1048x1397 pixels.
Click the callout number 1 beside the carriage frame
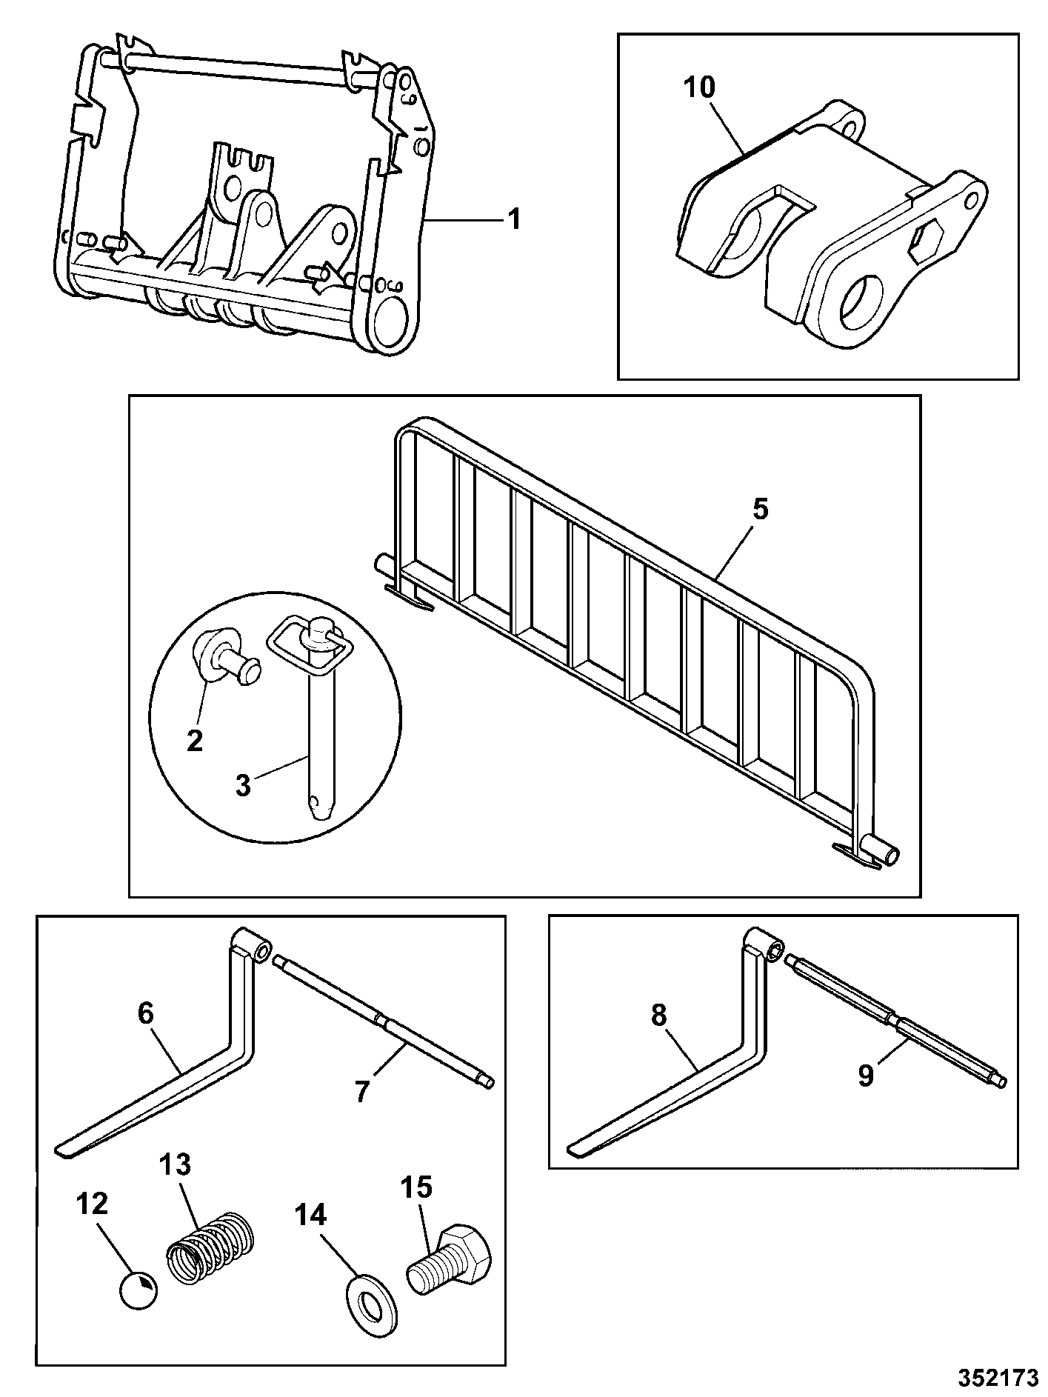point(512,219)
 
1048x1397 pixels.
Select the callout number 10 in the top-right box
point(699,88)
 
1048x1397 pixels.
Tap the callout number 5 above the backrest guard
point(761,510)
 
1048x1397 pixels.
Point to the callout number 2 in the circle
point(194,740)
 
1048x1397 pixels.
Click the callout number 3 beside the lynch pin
point(243,785)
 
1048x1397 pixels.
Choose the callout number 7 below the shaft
point(362,1092)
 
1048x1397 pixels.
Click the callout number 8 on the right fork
point(659,1016)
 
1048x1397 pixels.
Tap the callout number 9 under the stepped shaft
point(866,1076)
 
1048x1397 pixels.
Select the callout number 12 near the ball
point(93,1204)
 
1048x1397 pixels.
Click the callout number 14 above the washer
point(311,1216)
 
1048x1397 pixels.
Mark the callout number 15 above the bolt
point(416,1188)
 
